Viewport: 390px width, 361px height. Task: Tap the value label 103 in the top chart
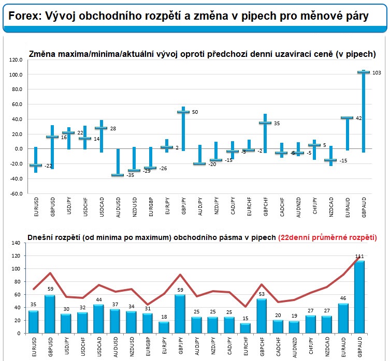(377, 73)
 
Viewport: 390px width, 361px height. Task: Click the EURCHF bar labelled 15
(245, 328)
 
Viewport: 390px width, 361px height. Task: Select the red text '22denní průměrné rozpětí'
(327, 237)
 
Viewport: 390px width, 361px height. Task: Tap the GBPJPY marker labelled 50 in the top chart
(182, 112)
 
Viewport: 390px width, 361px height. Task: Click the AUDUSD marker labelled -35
(118, 175)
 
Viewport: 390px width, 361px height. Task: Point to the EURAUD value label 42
(359, 118)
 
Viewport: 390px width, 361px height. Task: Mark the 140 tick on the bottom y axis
(16, 243)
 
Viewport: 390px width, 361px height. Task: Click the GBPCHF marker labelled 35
(265, 123)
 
